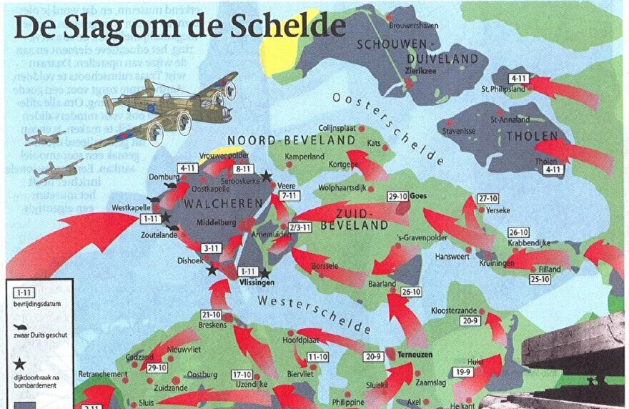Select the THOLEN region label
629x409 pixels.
[525, 135]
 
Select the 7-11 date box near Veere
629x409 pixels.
[289, 195]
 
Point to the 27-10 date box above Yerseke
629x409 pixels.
[488, 198]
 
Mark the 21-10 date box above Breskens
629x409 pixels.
[212, 314]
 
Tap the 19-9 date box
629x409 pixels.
[463, 371]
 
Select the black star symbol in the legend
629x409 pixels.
[19, 364]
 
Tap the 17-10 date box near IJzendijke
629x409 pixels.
[242, 374]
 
